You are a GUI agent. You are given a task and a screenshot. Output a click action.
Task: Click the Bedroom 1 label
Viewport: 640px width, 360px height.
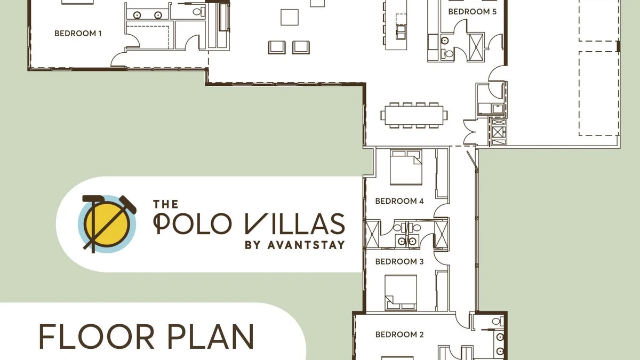pos(78,34)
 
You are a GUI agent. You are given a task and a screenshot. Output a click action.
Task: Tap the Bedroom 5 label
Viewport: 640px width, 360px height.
pos(473,12)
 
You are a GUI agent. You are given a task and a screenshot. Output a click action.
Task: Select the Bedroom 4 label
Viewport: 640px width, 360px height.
pos(399,201)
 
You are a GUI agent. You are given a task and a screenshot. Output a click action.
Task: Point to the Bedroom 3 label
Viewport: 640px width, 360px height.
pos(399,261)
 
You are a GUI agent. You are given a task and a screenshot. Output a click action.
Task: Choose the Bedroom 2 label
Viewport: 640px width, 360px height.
pos(399,334)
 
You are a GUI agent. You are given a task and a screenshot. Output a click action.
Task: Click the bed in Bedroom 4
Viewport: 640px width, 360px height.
pos(406,167)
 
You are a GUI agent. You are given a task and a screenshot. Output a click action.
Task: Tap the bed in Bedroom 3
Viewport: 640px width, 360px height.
pos(401,293)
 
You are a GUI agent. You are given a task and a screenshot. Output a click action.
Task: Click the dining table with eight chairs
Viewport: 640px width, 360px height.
pos(414,115)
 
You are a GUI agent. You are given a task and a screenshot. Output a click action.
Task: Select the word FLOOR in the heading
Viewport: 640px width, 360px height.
pos(97,337)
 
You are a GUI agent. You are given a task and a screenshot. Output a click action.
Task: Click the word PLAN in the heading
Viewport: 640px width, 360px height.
pos(210,337)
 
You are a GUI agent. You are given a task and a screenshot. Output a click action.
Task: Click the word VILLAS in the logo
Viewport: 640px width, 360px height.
pos(295,223)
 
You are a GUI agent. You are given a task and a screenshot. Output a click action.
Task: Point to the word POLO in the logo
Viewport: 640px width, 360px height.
pos(193,223)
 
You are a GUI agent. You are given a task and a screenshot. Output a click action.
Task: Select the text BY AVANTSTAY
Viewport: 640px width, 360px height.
pos(295,245)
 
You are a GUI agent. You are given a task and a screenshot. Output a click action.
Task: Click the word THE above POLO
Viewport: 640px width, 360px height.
pos(166,204)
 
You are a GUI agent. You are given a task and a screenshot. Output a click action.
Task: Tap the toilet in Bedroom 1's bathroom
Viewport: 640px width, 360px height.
pos(198,12)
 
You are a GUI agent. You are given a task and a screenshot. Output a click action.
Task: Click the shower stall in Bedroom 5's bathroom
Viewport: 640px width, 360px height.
pos(476,47)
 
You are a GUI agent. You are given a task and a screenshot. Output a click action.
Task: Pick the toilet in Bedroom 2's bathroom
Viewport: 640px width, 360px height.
pos(498,321)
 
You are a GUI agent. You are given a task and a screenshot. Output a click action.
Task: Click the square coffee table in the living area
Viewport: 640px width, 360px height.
pos(290,17)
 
